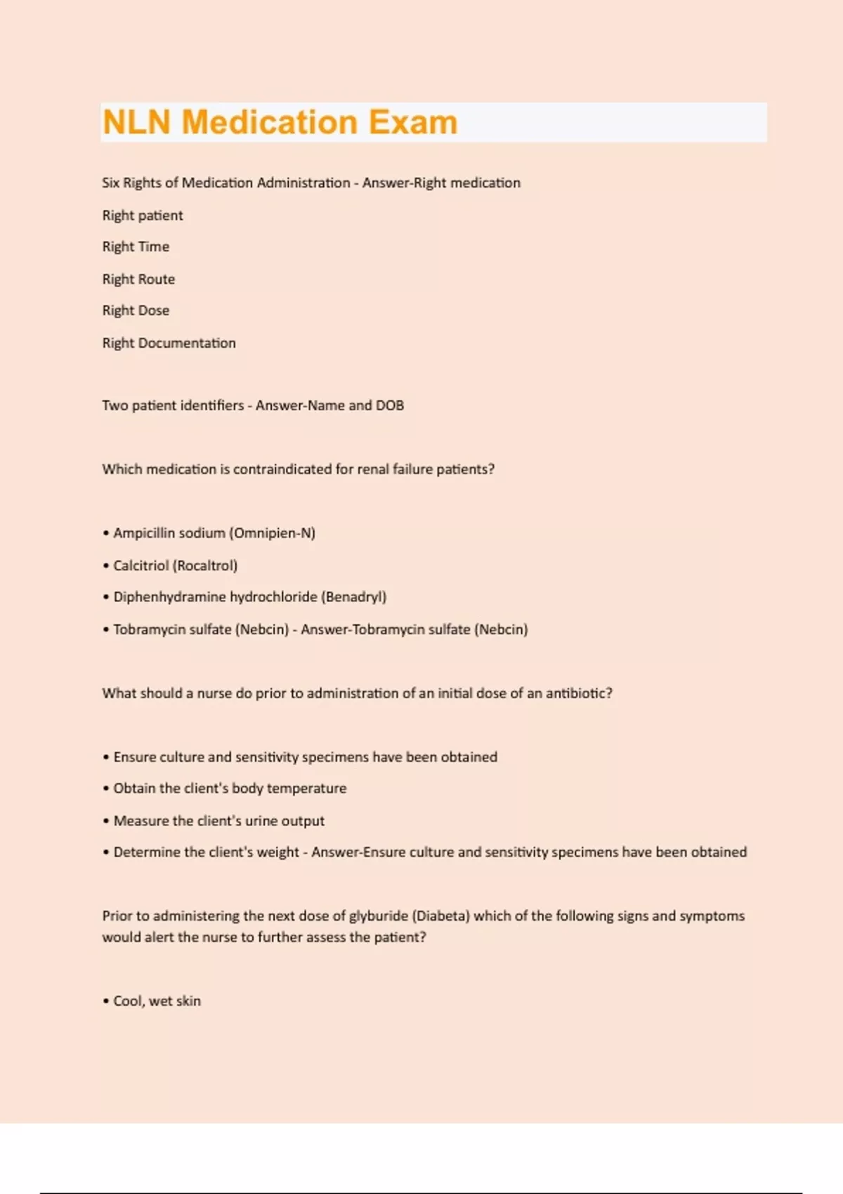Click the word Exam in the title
[x=413, y=122]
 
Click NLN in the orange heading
[x=137, y=122]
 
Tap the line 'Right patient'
[x=143, y=216]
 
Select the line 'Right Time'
[x=136, y=247]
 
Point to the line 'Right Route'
[x=138, y=279]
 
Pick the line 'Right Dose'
[x=136, y=310]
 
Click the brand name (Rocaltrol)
[x=205, y=565]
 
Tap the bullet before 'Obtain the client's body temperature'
[x=106, y=789]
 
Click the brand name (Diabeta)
[x=440, y=916]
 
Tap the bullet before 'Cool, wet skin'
[x=106, y=1002]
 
